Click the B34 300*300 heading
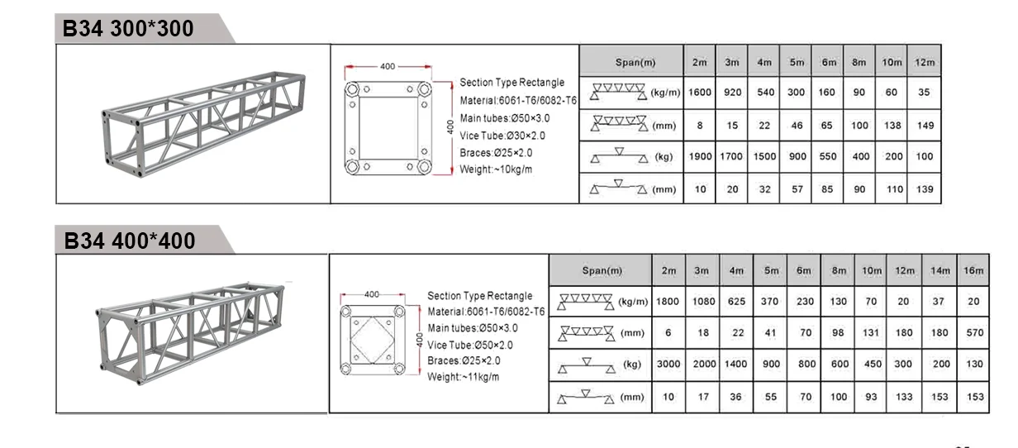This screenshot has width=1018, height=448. [128, 28]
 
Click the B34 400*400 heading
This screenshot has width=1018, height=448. [130, 241]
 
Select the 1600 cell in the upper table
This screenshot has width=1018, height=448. [699, 93]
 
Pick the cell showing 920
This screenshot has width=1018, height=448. [732, 93]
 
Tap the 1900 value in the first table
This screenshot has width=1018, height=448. [700, 156]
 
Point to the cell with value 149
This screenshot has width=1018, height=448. [925, 125]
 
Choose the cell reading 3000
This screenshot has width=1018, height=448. [668, 364]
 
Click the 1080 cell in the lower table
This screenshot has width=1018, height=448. [703, 301]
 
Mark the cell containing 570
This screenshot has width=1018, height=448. [974, 332]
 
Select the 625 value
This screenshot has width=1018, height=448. [736, 301]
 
